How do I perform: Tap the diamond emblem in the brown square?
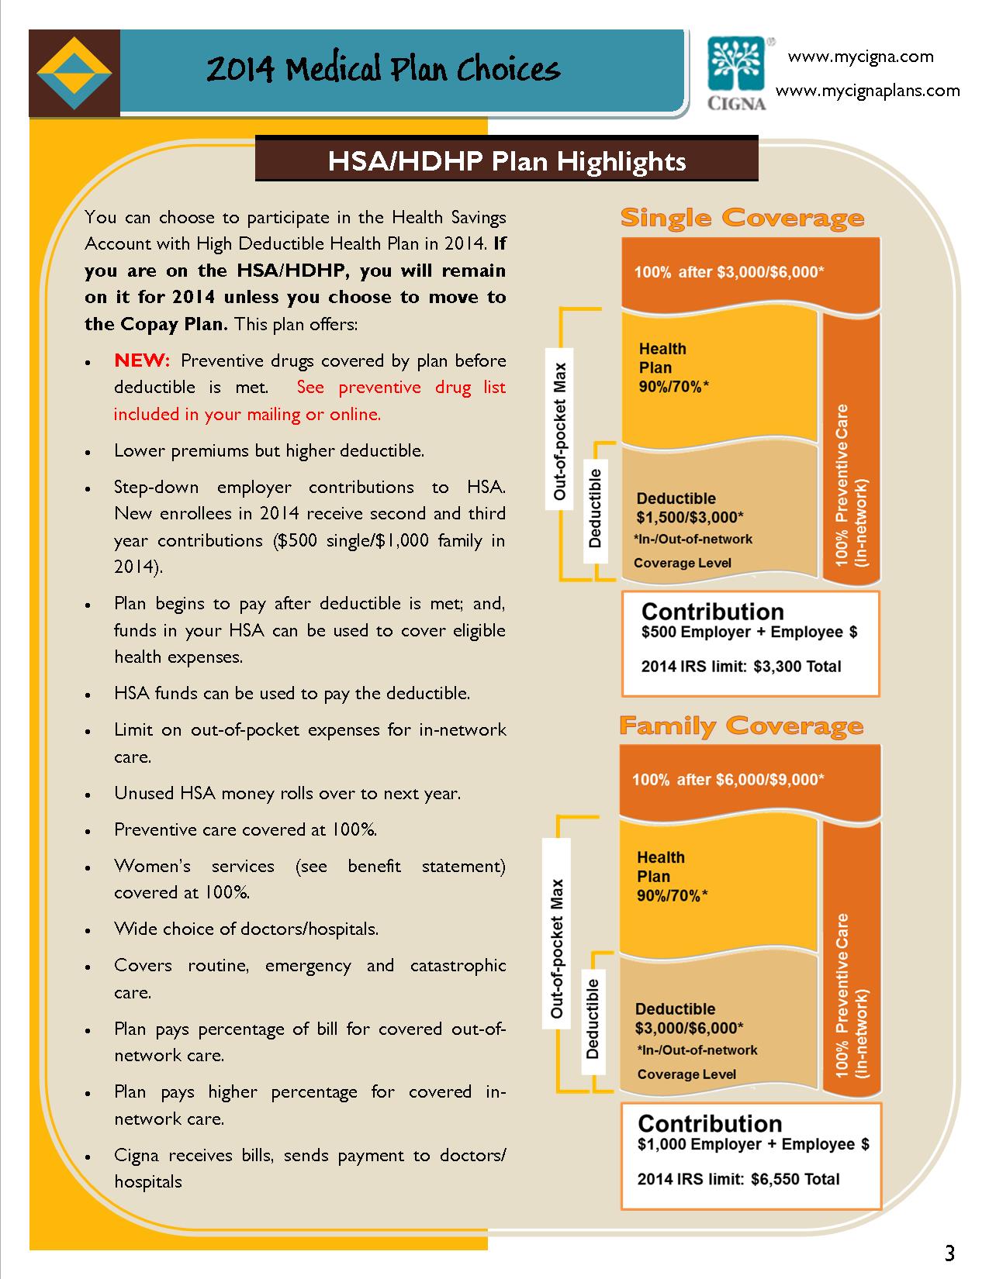click(x=74, y=74)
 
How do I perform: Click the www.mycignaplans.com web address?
click(x=868, y=91)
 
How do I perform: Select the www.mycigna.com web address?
click(x=861, y=57)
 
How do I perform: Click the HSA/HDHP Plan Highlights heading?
click(x=507, y=160)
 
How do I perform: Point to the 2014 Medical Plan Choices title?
click(x=383, y=71)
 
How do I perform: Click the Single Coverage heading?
click(x=742, y=218)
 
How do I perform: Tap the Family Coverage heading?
click(x=741, y=726)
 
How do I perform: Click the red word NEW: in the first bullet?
click(x=141, y=360)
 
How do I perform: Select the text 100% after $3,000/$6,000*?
click(x=729, y=272)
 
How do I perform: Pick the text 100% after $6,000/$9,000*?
click(x=728, y=779)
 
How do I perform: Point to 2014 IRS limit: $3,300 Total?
click(x=741, y=666)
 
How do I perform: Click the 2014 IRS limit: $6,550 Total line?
click(x=738, y=1179)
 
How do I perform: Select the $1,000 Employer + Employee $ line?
click(x=753, y=1144)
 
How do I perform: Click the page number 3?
click(x=949, y=1253)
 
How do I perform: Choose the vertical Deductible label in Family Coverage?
click(x=593, y=1018)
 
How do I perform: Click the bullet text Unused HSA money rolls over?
click(x=287, y=793)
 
